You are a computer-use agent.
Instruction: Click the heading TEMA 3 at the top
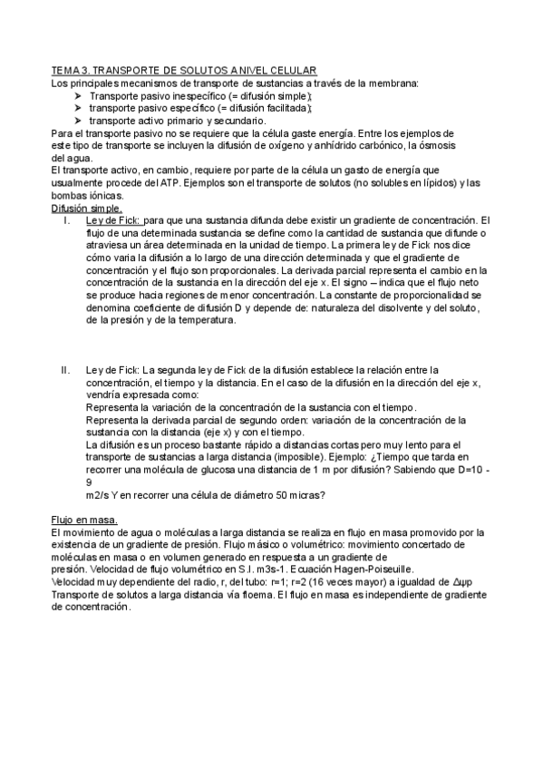pyautogui.click(x=184, y=71)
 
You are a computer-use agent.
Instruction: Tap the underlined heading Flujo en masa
pyautogui.click(x=84, y=520)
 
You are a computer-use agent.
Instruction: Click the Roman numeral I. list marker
pyautogui.click(x=66, y=220)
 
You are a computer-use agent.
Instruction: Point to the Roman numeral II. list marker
pyautogui.click(x=65, y=370)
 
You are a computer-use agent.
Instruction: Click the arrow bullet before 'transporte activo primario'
pyautogui.click(x=78, y=121)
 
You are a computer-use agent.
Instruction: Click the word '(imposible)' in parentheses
pyautogui.click(x=293, y=444)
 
